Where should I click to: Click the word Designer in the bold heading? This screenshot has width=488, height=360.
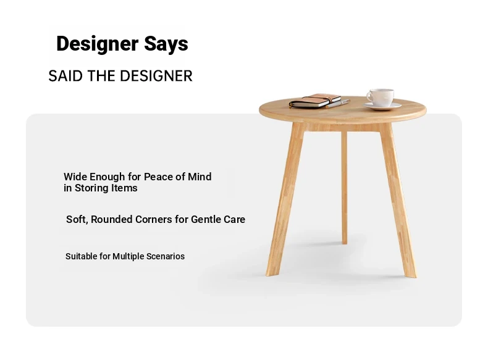[x=97, y=44]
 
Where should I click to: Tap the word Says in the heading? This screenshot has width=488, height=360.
[x=166, y=44]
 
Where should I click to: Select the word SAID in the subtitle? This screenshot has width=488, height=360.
[x=65, y=76]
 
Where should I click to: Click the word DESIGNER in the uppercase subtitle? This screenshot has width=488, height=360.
[x=156, y=76]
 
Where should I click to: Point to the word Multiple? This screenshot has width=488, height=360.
[x=128, y=256]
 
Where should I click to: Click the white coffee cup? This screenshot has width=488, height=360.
[x=381, y=97]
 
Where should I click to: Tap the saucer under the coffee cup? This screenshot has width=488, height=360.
[x=382, y=106]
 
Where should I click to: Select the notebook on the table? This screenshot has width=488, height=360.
[x=315, y=101]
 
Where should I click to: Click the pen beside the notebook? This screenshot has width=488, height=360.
[x=339, y=103]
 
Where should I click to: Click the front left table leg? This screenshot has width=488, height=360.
[x=285, y=199]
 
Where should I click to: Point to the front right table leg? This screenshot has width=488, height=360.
[x=398, y=199]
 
